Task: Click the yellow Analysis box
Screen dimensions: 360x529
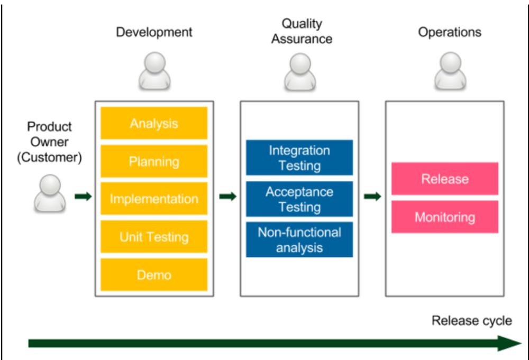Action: pos(154,124)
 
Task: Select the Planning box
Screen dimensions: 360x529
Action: pos(154,161)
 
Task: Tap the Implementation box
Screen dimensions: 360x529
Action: pos(154,199)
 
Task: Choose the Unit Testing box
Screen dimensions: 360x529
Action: pos(154,237)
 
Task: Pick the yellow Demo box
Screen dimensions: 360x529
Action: pos(154,274)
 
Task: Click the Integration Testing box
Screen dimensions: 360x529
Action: pos(299,158)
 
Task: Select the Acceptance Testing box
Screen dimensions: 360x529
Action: pos(299,199)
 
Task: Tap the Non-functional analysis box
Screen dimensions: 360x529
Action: pos(299,239)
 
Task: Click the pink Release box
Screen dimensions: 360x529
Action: pos(445,179)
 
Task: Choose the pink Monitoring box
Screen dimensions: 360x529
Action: pos(445,217)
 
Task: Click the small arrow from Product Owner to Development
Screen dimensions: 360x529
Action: pos(83,197)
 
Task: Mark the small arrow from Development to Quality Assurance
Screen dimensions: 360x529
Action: pos(227,197)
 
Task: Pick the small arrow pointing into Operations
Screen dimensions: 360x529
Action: pos(372,197)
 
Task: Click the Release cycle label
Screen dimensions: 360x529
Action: pos(472,320)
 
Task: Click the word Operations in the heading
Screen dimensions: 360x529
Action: pos(450,32)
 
